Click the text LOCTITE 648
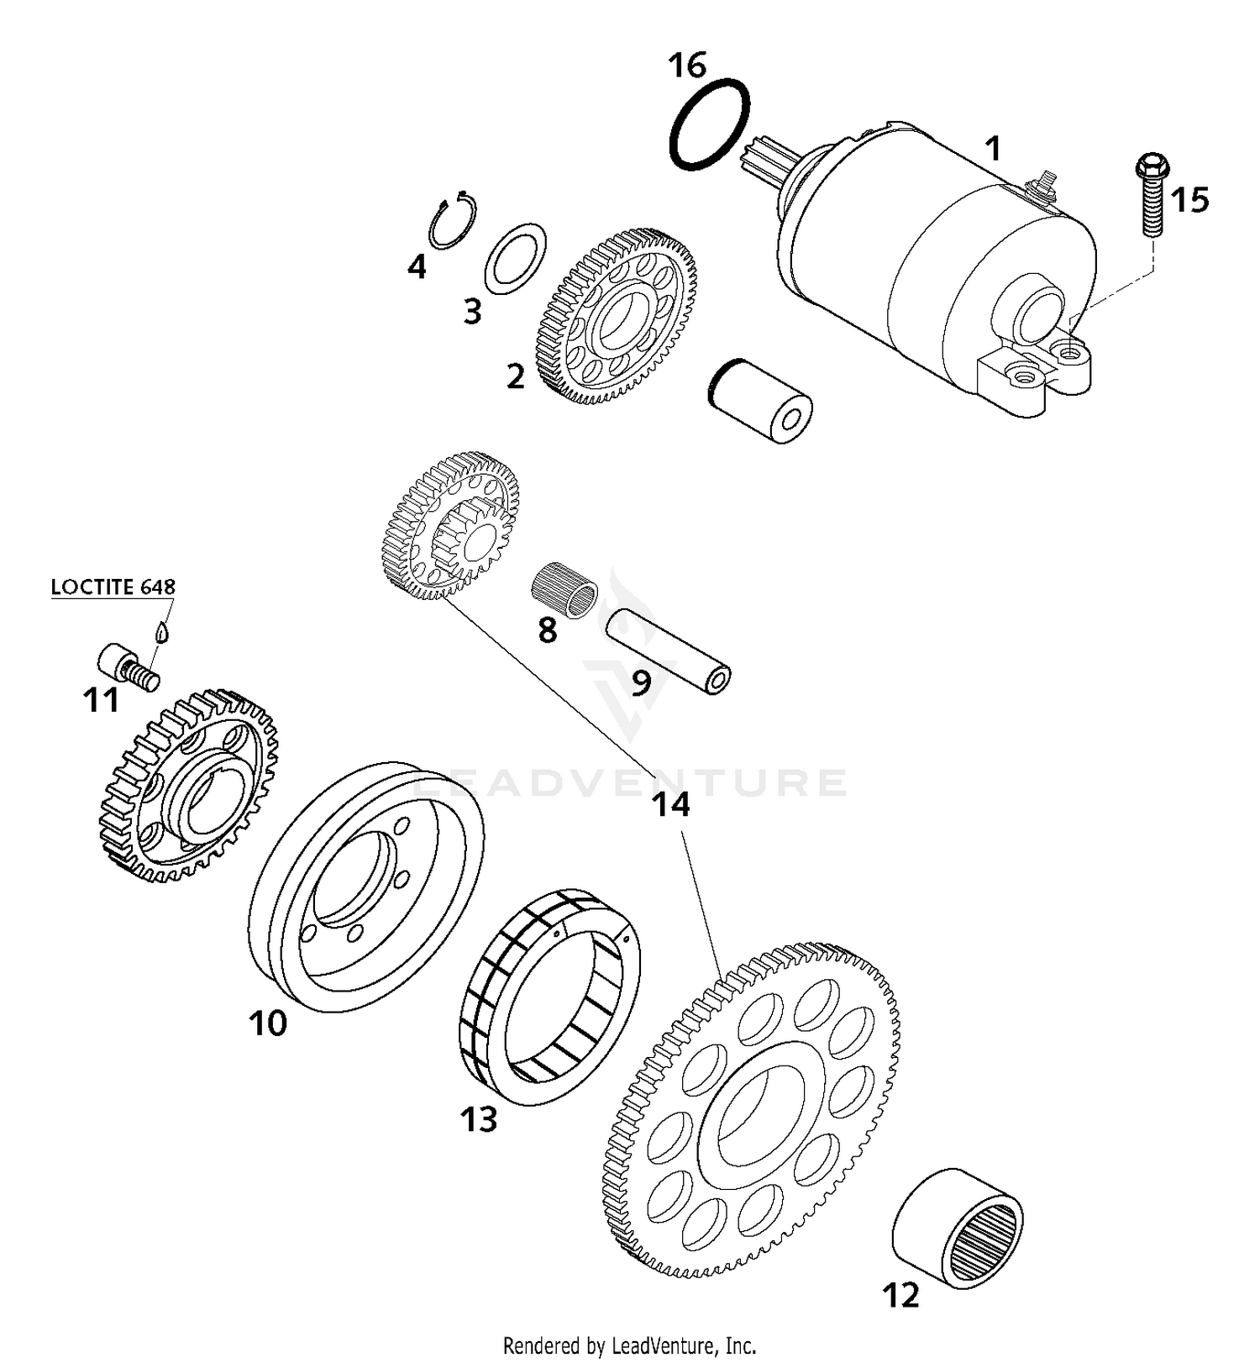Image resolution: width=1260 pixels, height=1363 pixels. [113, 587]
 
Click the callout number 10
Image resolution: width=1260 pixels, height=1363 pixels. [268, 1023]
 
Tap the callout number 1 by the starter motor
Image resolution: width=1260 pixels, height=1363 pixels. [993, 149]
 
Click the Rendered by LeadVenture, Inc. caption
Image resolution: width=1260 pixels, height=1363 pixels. [629, 1345]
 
